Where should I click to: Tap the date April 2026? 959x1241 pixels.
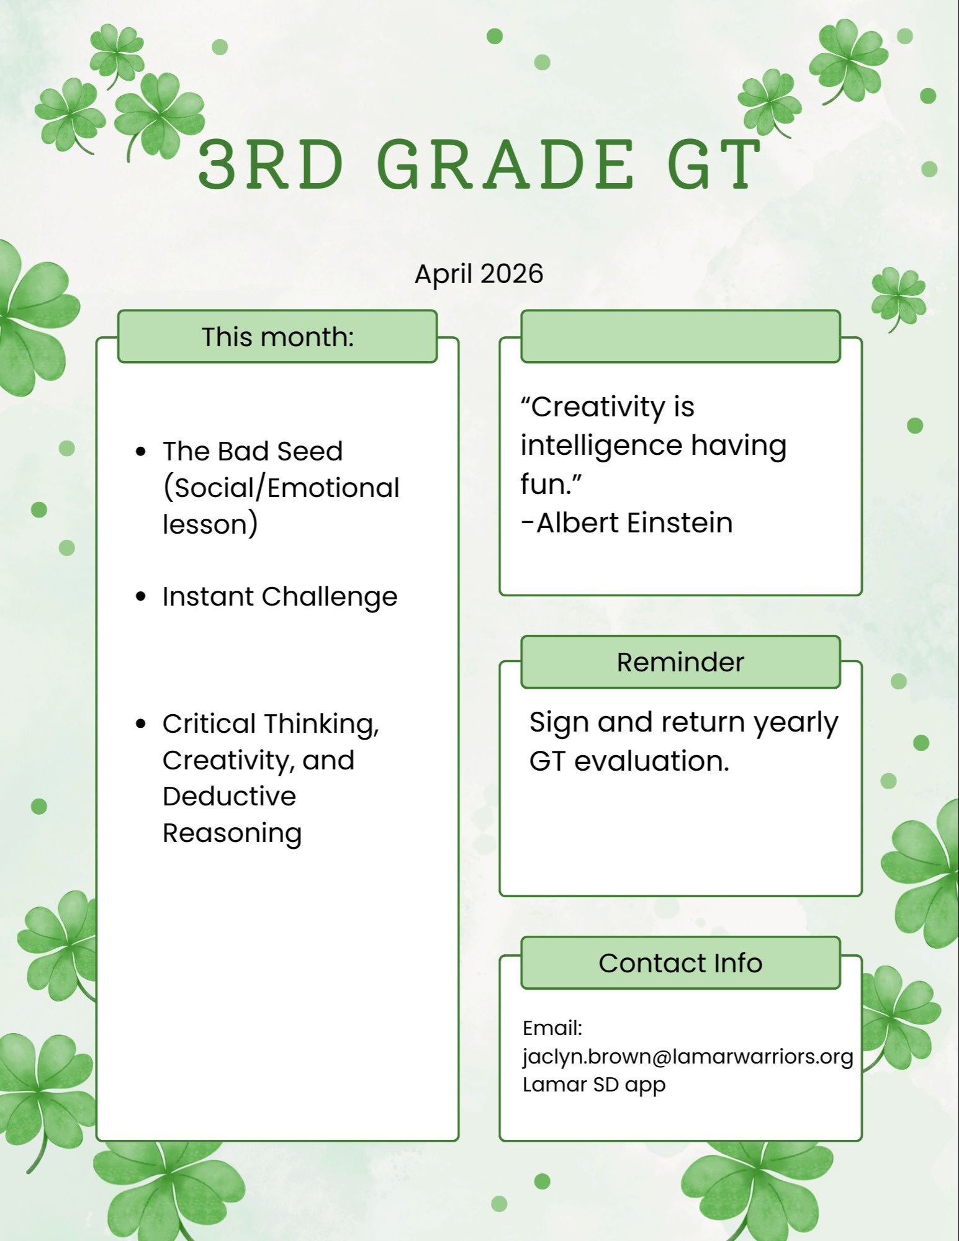(x=479, y=274)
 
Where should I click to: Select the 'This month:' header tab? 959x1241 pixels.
(x=277, y=336)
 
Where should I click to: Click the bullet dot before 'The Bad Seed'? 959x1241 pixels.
(x=141, y=451)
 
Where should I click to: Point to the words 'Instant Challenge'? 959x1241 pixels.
(x=280, y=597)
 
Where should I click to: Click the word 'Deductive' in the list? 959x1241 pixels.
(x=229, y=796)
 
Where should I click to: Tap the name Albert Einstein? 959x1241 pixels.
(x=634, y=522)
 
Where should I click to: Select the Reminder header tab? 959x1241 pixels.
(x=680, y=662)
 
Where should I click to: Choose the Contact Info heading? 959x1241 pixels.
(x=680, y=963)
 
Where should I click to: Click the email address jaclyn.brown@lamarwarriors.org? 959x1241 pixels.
(x=688, y=1057)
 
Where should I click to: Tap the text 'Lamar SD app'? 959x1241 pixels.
(x=594, y=1085)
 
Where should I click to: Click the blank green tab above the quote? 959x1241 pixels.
(x=680, y=336)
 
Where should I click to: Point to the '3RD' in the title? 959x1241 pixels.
(x=271, y=164)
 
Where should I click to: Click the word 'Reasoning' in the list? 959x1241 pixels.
(x=232, y=833)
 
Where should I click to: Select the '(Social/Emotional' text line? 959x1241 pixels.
(x=281, y=488)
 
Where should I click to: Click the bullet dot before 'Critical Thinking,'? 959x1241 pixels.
(x=141, y=724)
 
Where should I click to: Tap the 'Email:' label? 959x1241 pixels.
(x=552, y=1028)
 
